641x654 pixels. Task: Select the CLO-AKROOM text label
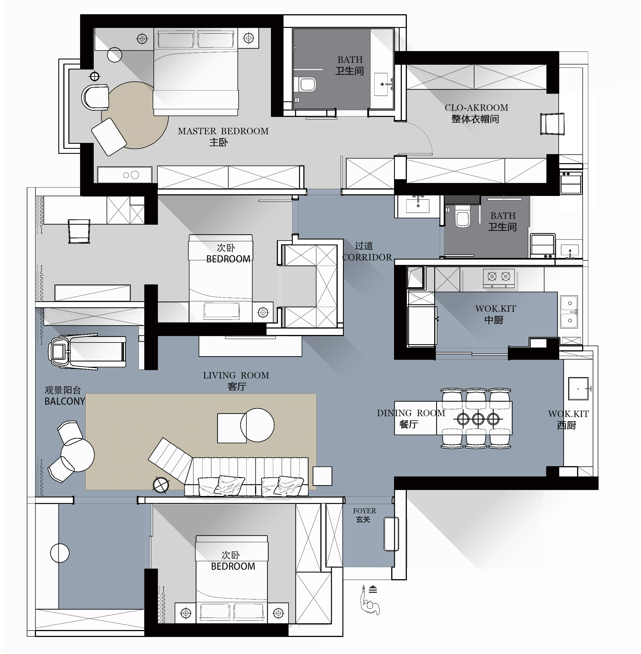[x=476, y=108]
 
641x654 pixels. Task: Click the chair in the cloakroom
[x=552, y=124]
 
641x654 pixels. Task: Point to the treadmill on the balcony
[x=88, y=352]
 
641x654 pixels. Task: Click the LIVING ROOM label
[x=236, y=375]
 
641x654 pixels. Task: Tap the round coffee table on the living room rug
[x=257, y=425]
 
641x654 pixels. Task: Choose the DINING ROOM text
[x=411, y=413]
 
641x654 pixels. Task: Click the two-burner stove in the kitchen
[x=499, y=278]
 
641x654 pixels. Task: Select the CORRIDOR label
[x=367, y=257]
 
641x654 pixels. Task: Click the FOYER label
[x=364, y=511]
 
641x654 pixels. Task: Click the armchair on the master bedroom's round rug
[x=109, y=137]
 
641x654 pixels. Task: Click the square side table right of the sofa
[x=322, y=476]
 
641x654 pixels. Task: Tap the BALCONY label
[x=65, y=401]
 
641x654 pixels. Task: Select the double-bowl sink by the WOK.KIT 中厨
[x=569, y=312]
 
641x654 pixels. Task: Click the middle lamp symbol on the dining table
[x=478, y=419]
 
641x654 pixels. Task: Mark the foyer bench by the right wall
[x=391, y=534]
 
